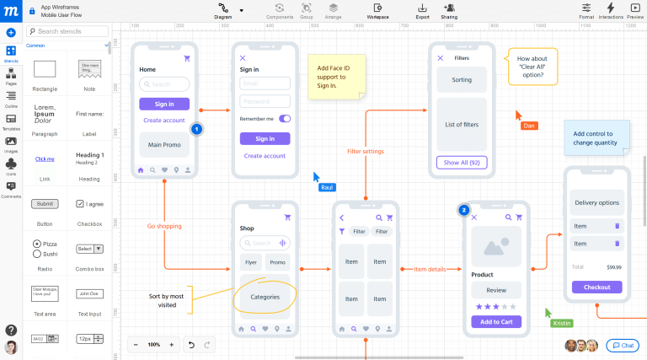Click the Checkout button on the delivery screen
click(x=596, y=287)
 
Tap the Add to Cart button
click(x=496, y=321)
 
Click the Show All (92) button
click(x=461, y=163)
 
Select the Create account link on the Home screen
click(x=163, y=121)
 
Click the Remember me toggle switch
click(x=284, y=119)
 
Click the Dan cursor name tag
click(x=529, y=126)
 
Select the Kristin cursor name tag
click(x=561, y=323)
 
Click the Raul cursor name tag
click(x=328, y=187)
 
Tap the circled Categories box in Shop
click(x=265, y=297)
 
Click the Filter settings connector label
click(x=366, y=152)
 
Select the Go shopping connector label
click(x=164, y=226)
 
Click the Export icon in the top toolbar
click(x=422, y=9)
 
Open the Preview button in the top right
click(x=635, y=9)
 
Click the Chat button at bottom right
click(x=623, y=346)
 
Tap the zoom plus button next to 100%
click(x=171, y=345)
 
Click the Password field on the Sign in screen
click(x=265, y=101)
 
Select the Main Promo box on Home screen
click(x=163, y=144)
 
